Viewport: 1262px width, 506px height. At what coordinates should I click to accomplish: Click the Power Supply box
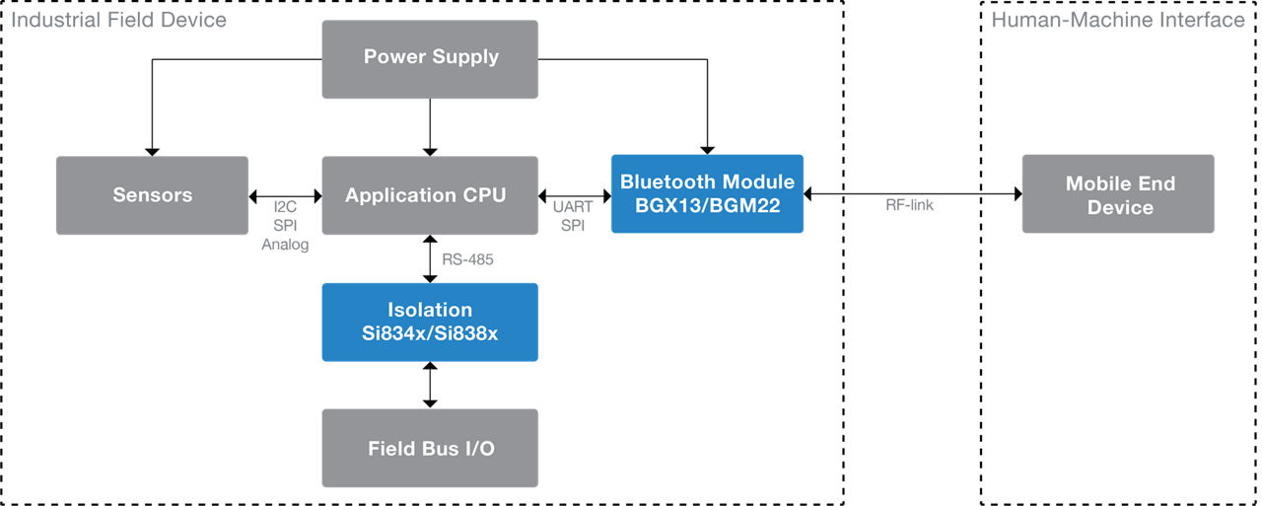coord(430,59)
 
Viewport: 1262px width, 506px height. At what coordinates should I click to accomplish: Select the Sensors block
coord(152,195)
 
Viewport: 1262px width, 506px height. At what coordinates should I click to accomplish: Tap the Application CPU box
coord(430,195)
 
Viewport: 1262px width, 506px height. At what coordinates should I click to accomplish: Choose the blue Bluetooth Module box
coord(707,194)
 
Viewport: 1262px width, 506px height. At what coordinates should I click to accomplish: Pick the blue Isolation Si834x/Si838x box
coord(430,322)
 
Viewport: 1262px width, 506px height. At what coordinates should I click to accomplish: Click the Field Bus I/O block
coord(430,448)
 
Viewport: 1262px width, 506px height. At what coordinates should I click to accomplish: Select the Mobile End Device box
coord(1118,194)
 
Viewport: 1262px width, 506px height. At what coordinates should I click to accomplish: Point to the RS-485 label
coord(467,259)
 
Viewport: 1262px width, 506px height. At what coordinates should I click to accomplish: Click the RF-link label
coord(909,205)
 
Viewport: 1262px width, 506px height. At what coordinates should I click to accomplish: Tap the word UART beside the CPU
coord(573,207)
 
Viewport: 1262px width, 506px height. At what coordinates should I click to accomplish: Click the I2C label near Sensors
coord(285,207)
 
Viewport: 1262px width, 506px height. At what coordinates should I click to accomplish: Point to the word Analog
coord(285,245)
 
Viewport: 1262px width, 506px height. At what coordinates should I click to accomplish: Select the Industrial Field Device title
coord(119,20)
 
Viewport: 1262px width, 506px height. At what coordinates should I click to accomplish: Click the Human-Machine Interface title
coord(1118,20)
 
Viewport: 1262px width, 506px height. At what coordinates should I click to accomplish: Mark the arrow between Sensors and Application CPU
coord(285,196)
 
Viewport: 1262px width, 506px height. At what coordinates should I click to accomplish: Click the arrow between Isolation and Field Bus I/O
coord(430,385)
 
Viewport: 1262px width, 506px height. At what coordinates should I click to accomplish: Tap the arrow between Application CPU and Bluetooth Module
coord(575,196)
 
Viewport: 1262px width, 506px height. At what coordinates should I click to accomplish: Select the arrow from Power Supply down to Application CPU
coord(430,127)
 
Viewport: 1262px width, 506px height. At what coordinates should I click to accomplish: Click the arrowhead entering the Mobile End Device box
coord(1018,194)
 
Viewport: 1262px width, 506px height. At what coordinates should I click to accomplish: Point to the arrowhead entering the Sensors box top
coord(152,152)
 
